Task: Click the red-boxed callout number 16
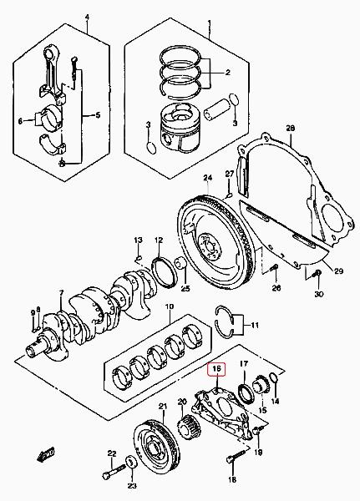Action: pyautogui.click(x=217, y=368)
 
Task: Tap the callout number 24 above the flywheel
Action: pyautogui.click(x=208, y=177)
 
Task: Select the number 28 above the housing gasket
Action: pyautogui.click(x=291, y=129)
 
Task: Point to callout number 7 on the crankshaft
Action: pyautogui.click(x=61, y=292)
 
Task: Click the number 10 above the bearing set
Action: pyautogui.click(x=169, y=306)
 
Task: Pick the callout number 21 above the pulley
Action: pyautogui.click(x=163, y=407)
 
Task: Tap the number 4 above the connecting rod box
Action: pyautogui.click(x=87, y=17)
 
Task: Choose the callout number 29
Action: pyautogui.click(x=338, y=271)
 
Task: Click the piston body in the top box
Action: pyautogui.click(x=180, y=128)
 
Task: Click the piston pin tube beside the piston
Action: pyautogui.click(x=217, y=110)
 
